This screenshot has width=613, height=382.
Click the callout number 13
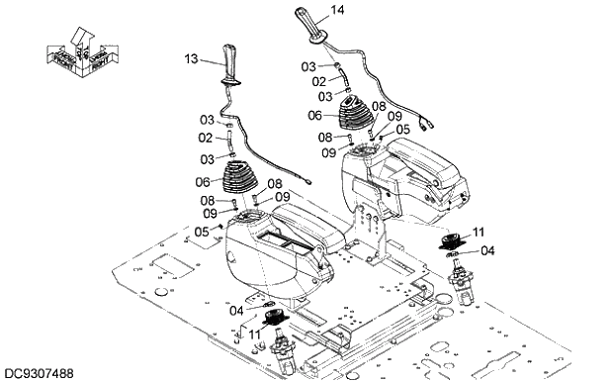click(x=192, y=59)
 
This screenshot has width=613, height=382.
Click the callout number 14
click(x=338, y=10)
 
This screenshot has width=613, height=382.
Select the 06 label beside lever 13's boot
click(x=204, y=182)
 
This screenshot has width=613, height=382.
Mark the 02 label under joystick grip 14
click(x=320, y=81)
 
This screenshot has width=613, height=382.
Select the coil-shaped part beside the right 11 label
click(x=454, y=241)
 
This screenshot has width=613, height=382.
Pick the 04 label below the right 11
click(x=486, y=251)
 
